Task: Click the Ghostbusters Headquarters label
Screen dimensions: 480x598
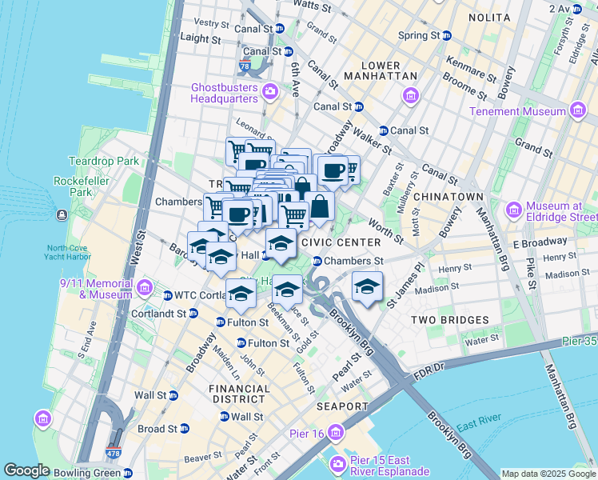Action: (x=225, y=93)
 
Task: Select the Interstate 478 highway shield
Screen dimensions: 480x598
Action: (x=114, y=454)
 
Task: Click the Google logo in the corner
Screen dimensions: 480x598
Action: (x=26, y=470)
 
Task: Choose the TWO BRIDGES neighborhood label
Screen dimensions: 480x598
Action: (x=449, y=320)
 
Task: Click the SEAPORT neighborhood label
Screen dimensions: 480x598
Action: (x=342, y=406)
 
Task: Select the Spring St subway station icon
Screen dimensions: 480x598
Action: (x=446, y=36)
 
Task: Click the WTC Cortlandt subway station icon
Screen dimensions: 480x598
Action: (x=168, y=295)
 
